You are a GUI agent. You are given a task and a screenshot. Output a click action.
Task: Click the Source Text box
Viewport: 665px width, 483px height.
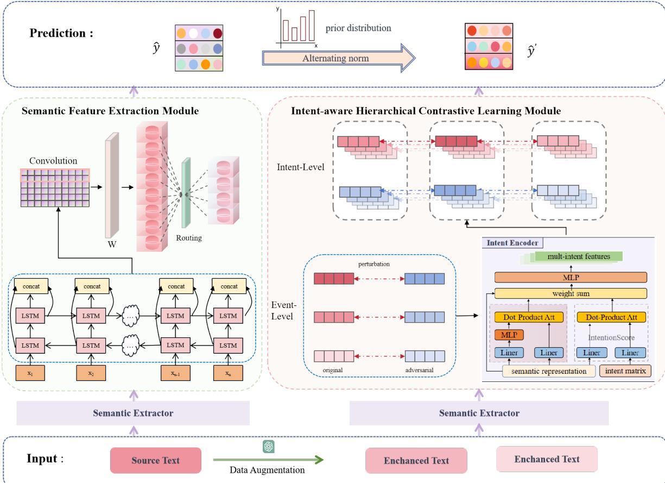(x=155, y=460)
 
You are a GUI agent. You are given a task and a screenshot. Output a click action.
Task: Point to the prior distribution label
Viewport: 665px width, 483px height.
(x=358, y=28)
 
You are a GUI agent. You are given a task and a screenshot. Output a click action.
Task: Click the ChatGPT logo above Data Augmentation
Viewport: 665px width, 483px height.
(x=268, y=447)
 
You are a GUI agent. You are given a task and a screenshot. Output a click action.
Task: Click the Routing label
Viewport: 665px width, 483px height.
(x=188, y=237)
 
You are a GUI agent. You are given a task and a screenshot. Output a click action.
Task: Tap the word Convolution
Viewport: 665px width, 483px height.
(x=54, y=161)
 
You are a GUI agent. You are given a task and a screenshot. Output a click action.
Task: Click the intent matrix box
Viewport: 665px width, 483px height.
(x=625, y=371)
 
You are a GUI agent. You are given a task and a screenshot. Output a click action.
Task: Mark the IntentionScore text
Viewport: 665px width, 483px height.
(x=611, y=337)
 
